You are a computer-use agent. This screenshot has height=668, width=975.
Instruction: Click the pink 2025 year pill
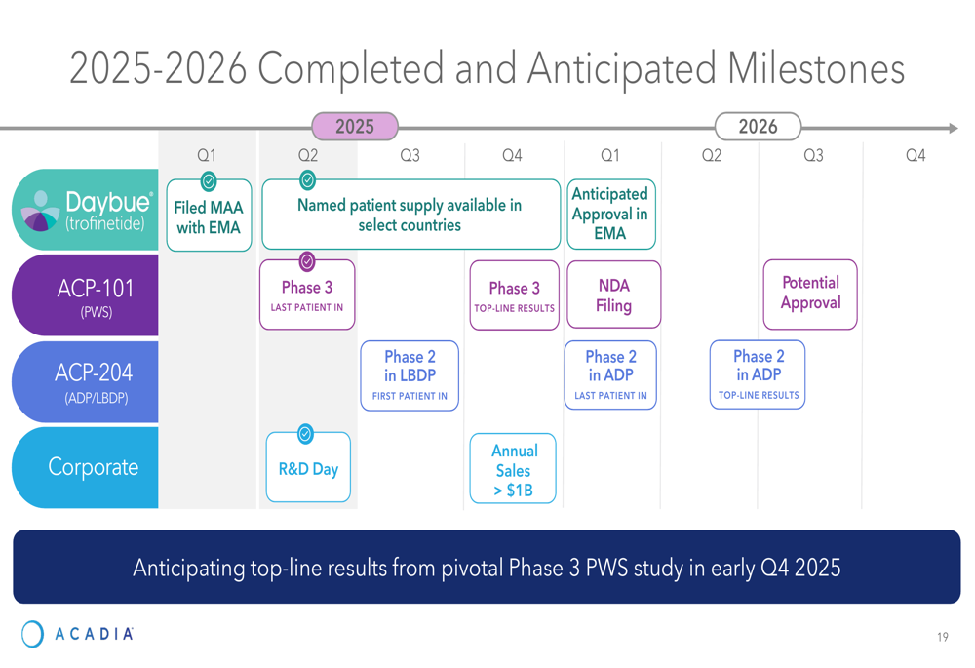(x=355, y=126)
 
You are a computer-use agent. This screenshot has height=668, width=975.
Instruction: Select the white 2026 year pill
(x=758, y=126)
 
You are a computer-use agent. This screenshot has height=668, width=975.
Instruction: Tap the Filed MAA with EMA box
(x=209, y=216)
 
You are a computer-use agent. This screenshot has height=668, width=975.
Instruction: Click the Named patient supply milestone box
(x=411, y=215)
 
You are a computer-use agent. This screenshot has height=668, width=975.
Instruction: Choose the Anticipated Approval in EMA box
(x=610, y=214)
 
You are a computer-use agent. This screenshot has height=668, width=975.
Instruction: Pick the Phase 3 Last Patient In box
(x=307, y=295)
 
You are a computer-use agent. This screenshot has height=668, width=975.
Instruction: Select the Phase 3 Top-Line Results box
(x=514, y=295)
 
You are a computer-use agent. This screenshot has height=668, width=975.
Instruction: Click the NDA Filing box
(x=613, y=295)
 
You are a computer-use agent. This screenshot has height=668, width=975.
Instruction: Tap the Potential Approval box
(x=810, y=295)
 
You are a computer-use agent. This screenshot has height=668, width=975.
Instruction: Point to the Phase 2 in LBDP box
(x=409, y=375)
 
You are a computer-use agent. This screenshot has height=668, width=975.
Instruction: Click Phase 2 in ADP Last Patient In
(x=610, y=375)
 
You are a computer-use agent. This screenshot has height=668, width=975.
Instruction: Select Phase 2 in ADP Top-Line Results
(x=758, y=374)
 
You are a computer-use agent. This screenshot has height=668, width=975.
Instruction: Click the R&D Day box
(x=308, y=468)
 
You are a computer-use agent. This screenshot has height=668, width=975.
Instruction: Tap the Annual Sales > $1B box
(x=513, y=469)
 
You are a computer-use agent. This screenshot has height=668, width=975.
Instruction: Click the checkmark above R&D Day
(x=305, y=434)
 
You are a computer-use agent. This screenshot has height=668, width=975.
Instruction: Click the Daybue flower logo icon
(x=40, y=212)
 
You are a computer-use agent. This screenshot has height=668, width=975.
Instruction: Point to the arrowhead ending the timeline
(x=954, y=128)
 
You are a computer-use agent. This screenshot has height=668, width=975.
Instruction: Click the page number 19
(x=943, y=637)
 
